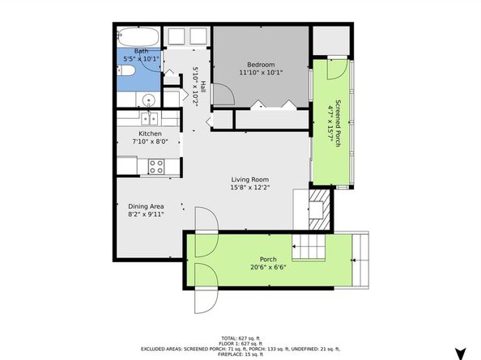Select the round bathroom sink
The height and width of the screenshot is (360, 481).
click(x=148, y=100)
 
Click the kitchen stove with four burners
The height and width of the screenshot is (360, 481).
click(x=155, y=166)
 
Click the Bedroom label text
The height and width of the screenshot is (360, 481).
click(x=262, y=65)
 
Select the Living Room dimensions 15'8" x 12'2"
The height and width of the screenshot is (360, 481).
click(x=249, y=189)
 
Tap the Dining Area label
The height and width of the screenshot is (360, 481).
click(x=146, y=205)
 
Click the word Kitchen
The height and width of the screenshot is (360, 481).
click(x=150, y=134)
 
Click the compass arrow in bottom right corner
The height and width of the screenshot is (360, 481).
click(x=461, y=352)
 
